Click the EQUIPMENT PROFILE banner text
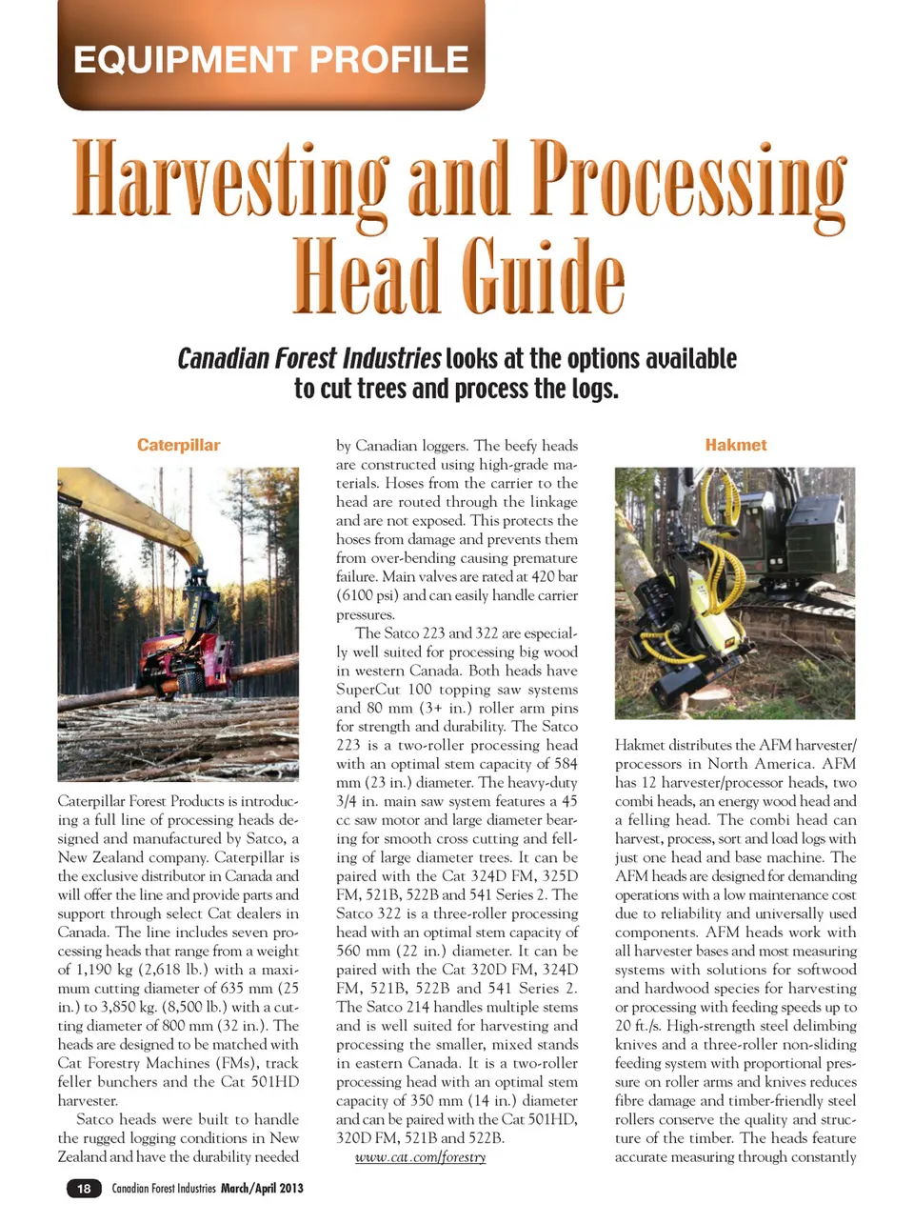pyautogui.click(x=271, y=59)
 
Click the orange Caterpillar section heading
pyautogui.click(x=178, y=445)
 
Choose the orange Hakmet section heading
pyautogui.click(x=735, y=445)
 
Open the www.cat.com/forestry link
pyautogui.click(x=420, y=1157)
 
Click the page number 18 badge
pyautogui.click(x=84, y=1188)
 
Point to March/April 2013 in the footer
pyautogui.click(x=262, y=1188)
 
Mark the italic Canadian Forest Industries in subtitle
pyautogui.click(x=308, y=359)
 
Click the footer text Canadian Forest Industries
pyautogui.click(x=164, y=1188)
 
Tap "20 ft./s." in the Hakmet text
pyautogui.click(x=636, y=1026)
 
